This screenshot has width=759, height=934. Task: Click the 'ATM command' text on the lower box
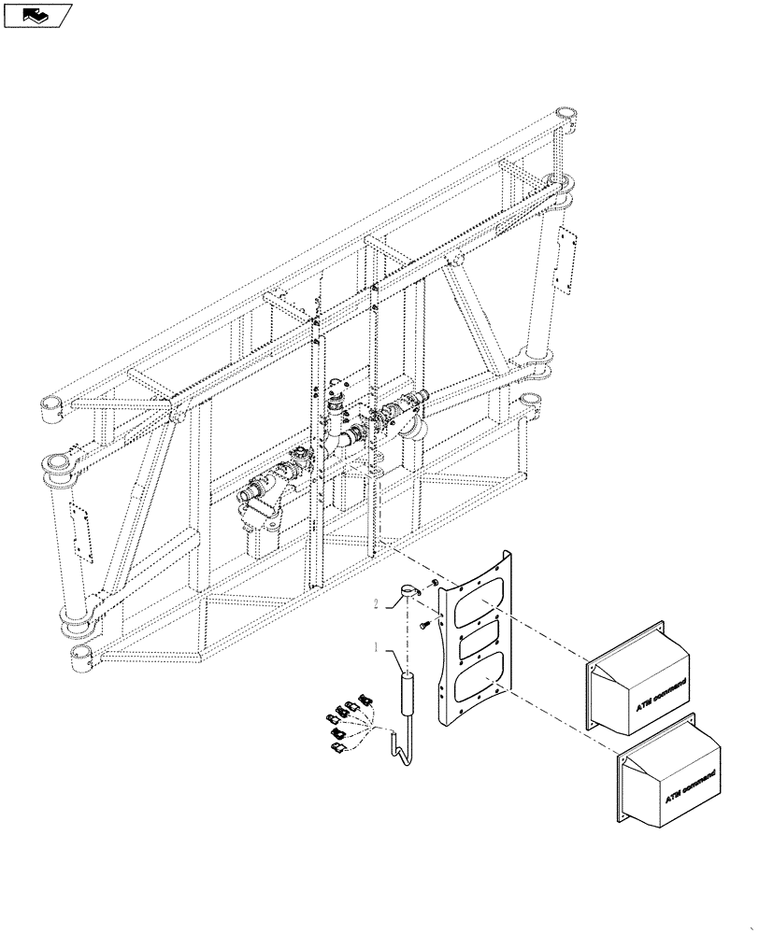pyautogui.click(x=693, y=787)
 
